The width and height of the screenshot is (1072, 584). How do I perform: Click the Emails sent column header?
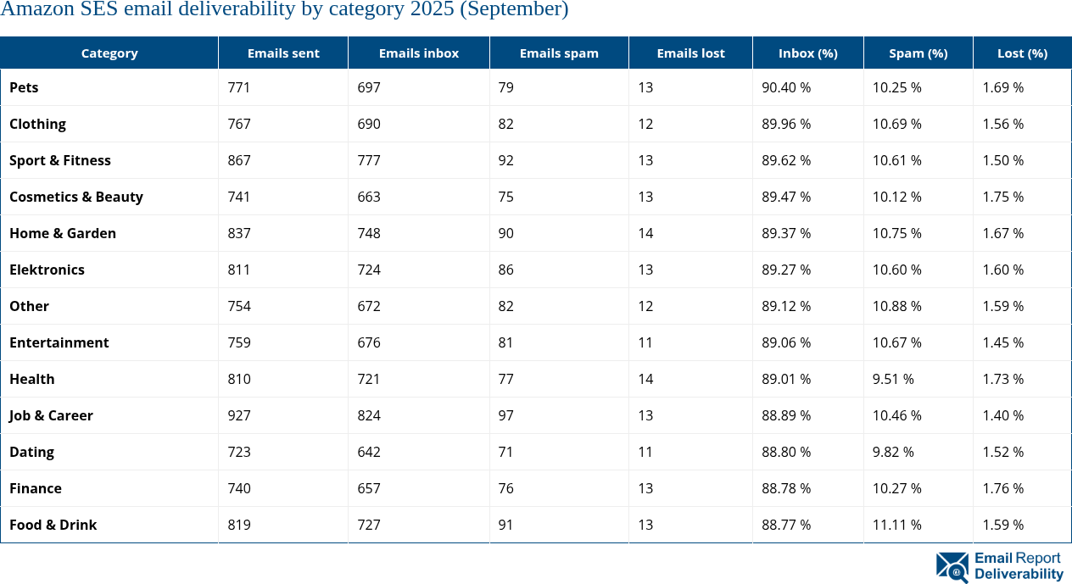pyautogui.click(x=283, y=53)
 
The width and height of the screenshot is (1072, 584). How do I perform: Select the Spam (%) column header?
pyautogui.click(x=918, y=53)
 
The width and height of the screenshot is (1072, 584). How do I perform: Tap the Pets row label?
pyautogui.click(x=24, y=87)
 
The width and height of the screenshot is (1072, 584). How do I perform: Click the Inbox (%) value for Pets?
pyautogui.click(x=786, y=87)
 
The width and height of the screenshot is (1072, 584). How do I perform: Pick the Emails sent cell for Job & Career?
pyautogui.click(x=239, y=415)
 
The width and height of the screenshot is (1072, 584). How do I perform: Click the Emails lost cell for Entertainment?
pyautogui.click(x=645, y=342)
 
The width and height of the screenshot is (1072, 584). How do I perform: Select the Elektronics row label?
pyautogui.click(x=47, y=270)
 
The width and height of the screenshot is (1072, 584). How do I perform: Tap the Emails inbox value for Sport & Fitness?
pyautogui.click(x=369, y=160)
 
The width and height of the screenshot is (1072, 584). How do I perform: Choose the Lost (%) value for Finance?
pyautogui.click(x=1003, y=488)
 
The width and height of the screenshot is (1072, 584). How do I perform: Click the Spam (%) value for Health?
pyautogui.click(x=893, y=379)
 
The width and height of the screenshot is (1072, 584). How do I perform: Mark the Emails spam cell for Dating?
pyautogui.click(x=505, y=452)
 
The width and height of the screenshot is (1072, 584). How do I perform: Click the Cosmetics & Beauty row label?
pyautogui.click(x=76, y=197)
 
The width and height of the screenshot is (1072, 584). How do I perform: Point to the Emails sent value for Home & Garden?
pyautogui.click(x=239, y=233)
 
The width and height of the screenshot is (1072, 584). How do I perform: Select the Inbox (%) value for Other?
pyautogui.click(x=786, y=306)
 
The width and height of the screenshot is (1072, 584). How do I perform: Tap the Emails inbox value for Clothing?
pyautogui.click(x=369, y=124)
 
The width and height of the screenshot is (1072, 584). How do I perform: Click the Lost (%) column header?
pyautogui.click(x=1022, y=53)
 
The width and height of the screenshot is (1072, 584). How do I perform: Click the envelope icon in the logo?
pyautogui.click(x=952, y=566)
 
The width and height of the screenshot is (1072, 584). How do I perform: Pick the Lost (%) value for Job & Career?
pyautogui.click(x=1003, y=415)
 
